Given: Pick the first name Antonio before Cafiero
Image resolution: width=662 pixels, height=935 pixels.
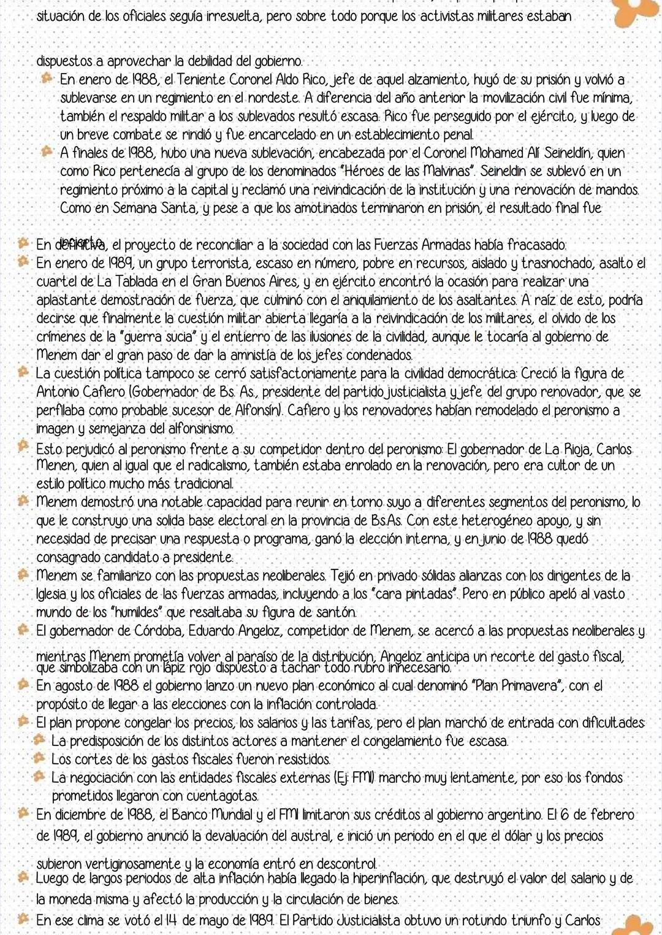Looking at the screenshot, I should (x=58, y=392).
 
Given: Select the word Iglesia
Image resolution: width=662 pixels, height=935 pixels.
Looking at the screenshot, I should (x=52, y=594).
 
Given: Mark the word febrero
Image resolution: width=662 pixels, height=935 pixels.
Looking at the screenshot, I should (x=612, y=815).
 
